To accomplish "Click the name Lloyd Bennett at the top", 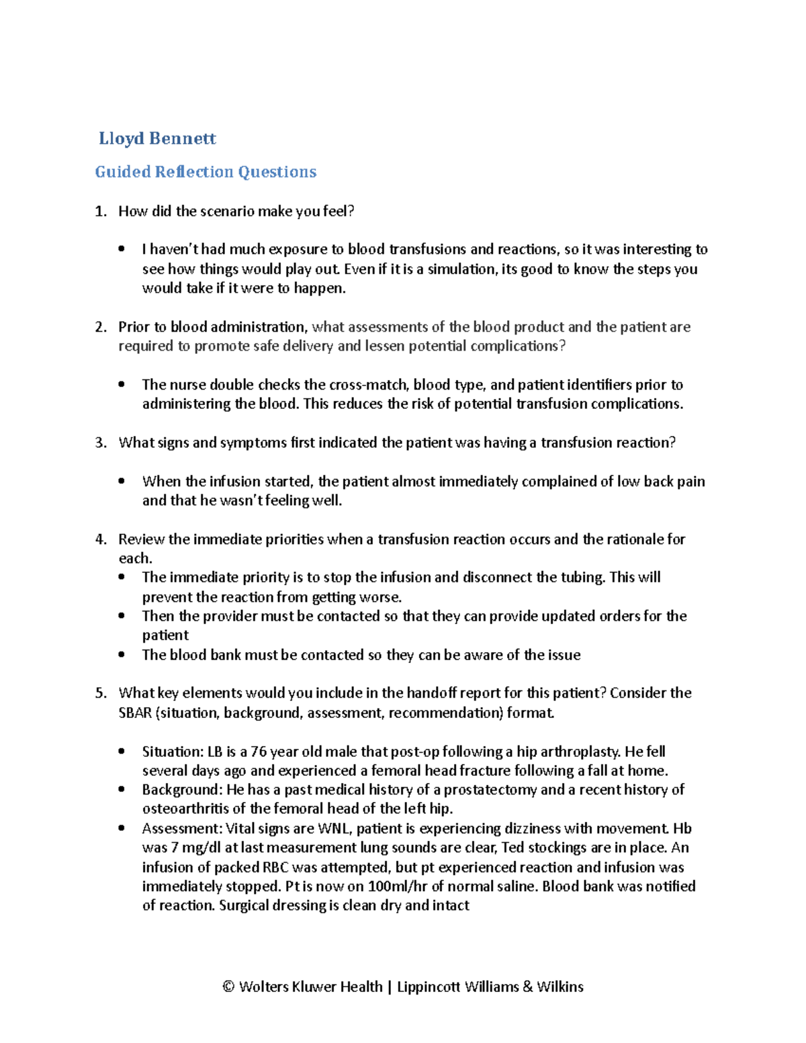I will (x=157, y=138).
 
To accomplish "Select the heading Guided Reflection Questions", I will (x=206, y=172).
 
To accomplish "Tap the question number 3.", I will (x=101, y=443).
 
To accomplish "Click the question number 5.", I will (x=101, y=693).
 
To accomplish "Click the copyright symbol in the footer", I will (x=228, y=987).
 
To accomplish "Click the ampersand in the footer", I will (x=527, y=987).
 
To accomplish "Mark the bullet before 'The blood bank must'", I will (x=122, y=655).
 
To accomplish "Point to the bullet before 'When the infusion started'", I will (x=122, y=482).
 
